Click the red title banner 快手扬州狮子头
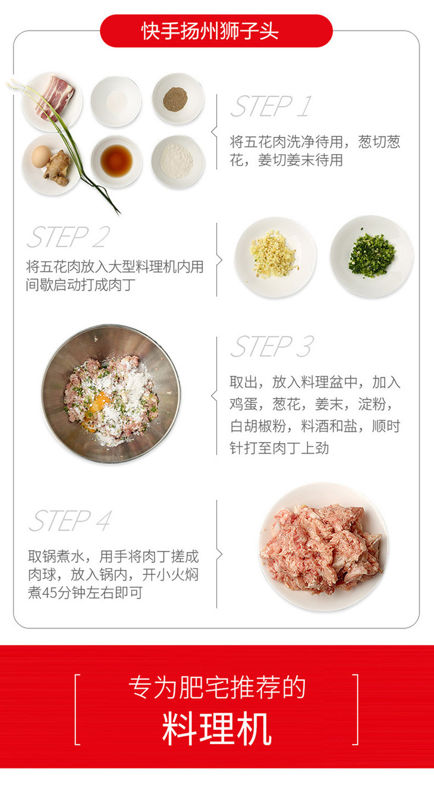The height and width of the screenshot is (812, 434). [x=216, y=31]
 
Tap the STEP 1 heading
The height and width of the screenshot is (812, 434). [x=271, y=106]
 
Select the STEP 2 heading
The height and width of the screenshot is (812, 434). [x=68, y=237]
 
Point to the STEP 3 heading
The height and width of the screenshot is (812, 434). [x=272, y=346]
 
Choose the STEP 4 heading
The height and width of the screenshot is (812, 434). [x=71, y=521]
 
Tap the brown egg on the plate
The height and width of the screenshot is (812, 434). [x=41, y=156]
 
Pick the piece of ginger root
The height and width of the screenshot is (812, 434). [x=58, y=168]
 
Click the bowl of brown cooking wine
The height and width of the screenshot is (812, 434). [x=116, y=161]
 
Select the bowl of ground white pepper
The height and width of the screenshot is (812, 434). [x=178, y=99]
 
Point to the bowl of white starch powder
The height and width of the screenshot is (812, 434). [x=178, y=162]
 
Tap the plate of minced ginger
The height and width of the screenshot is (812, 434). [x=275, y=258]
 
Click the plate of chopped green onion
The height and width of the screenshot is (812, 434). [x=372, y=256]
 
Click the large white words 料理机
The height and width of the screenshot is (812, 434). [x=216, y=728]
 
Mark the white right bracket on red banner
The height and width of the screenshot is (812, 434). [x=357, y=710]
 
